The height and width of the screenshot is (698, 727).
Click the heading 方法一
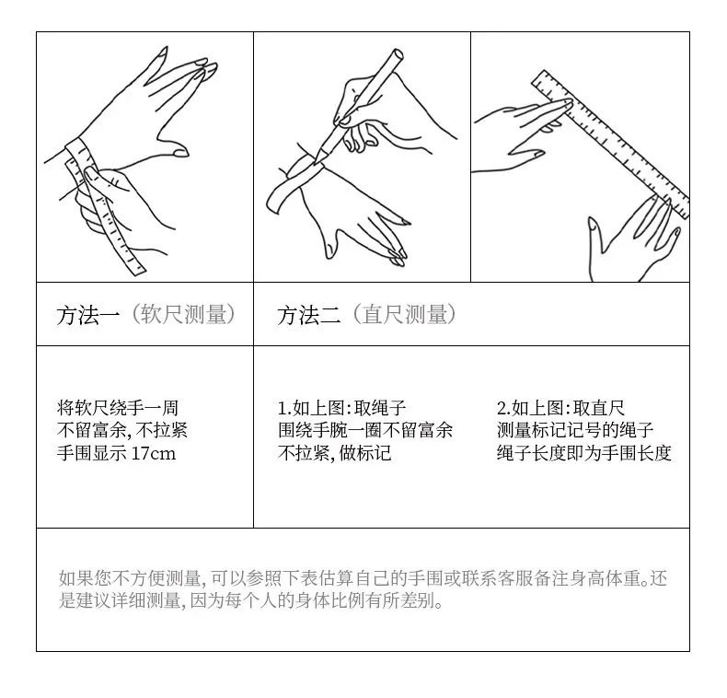point(88,315)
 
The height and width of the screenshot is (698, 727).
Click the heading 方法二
point(309,315)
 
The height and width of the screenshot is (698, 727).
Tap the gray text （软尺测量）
point(184,315)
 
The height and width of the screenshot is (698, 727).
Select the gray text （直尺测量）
point(404,315)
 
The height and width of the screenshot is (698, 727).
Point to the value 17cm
point(154,453)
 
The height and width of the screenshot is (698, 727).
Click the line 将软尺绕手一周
point(117,408)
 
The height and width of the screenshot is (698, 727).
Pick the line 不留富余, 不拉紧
point(122,430)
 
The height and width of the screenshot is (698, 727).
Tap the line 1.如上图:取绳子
point(341,408)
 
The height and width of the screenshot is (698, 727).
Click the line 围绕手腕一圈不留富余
point(365,430)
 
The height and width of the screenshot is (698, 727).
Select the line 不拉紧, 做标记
point(334,452)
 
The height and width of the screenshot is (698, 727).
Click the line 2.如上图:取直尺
point(561,408)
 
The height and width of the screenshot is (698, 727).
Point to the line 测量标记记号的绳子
point(575,430)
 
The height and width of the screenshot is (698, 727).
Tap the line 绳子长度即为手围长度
point(584,452)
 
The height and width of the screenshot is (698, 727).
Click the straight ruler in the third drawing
point(611,145)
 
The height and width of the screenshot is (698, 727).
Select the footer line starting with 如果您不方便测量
point(363,578)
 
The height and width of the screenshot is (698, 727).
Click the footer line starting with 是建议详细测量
point(251,600)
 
